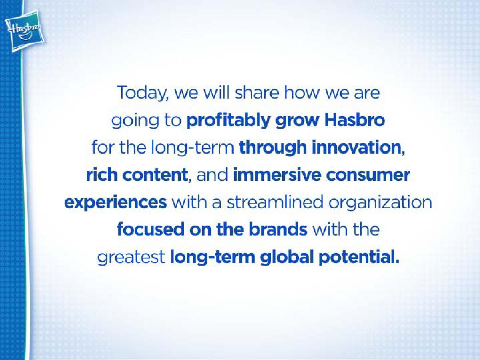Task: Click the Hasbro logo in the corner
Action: click(25, 30)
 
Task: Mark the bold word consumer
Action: click(368, 176)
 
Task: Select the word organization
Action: click(380, 203)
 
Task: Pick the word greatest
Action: click(131, 258)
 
